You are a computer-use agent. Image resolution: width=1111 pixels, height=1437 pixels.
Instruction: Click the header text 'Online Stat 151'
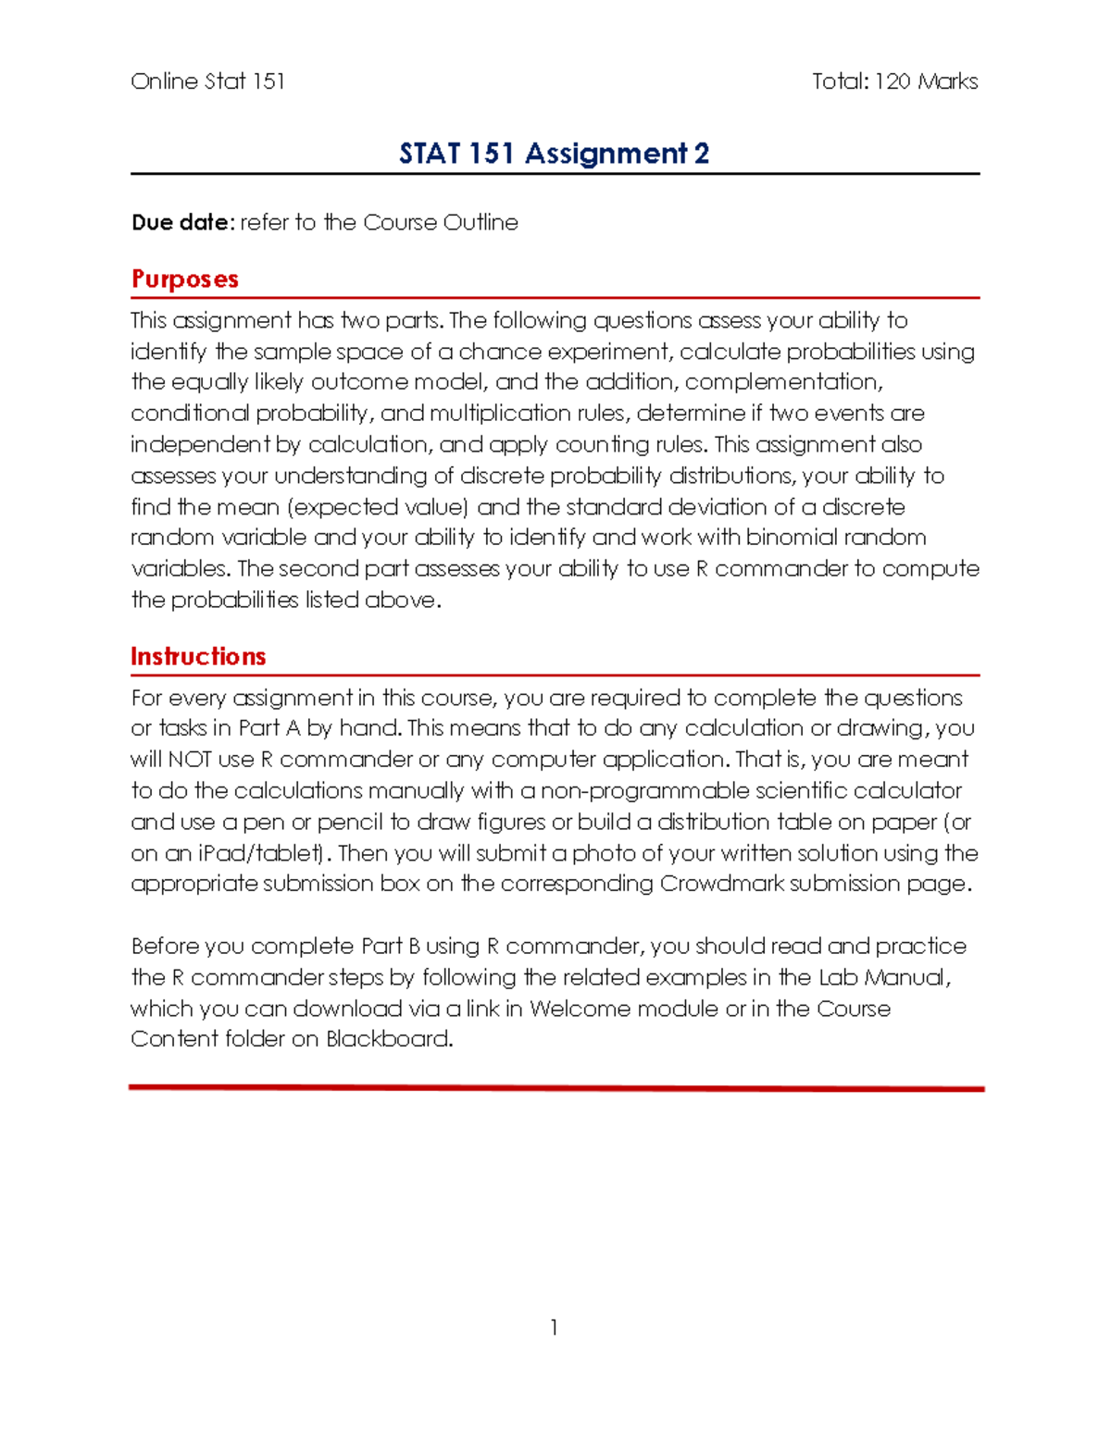207,81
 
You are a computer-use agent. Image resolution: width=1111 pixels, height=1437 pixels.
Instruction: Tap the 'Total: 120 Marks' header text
894,81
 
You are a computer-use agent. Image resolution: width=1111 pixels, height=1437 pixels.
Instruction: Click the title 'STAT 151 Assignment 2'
554,153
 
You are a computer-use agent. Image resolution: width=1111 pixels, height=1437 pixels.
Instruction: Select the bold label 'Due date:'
182,223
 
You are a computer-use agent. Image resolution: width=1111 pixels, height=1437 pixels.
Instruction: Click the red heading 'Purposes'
184,279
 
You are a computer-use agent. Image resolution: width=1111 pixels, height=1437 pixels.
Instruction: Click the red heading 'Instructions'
198,656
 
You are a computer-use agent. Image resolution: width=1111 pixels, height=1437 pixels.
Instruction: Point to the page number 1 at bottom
554,1328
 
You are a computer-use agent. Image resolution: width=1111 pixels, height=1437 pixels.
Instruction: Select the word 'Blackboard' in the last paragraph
388,1039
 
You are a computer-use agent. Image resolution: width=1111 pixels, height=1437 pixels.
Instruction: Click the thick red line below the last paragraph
555,1088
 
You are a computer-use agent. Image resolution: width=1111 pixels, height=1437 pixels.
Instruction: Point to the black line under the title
555,173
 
